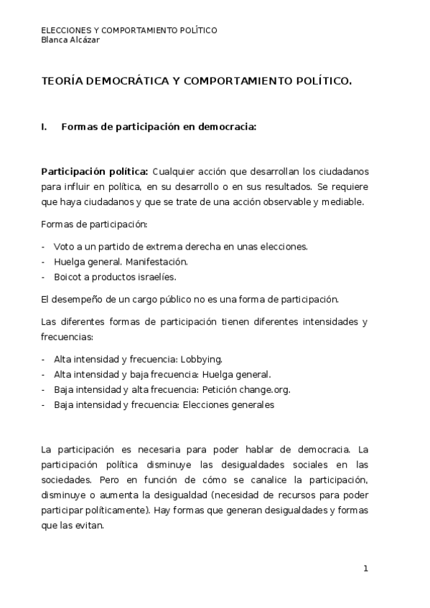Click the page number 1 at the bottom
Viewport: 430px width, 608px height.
(365, 569)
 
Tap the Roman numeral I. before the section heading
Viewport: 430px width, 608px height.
(45, 127)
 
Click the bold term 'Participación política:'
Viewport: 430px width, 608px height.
(94, 171)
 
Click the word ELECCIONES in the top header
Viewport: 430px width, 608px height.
(65, 31)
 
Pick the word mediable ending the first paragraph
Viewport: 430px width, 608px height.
(346, 201)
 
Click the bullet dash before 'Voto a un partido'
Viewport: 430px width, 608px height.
(44, 247)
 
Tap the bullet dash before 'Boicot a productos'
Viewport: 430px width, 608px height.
(44, 277)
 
